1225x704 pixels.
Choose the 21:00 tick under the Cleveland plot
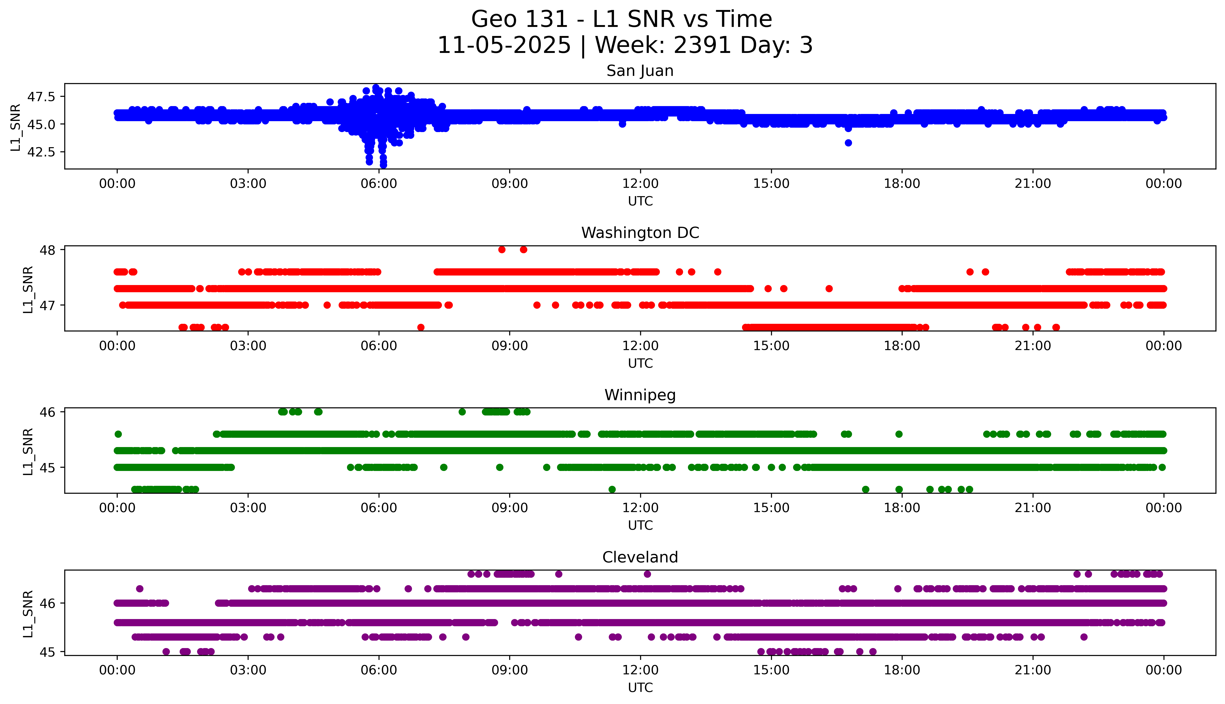(x=1033, y=670)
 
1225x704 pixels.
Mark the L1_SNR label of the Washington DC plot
(x=28, y=289)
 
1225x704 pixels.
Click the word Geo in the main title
(x=489, y=19)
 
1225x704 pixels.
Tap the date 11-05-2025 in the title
(x=504, y=45)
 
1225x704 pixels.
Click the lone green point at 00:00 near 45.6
(x=118, y=434)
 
